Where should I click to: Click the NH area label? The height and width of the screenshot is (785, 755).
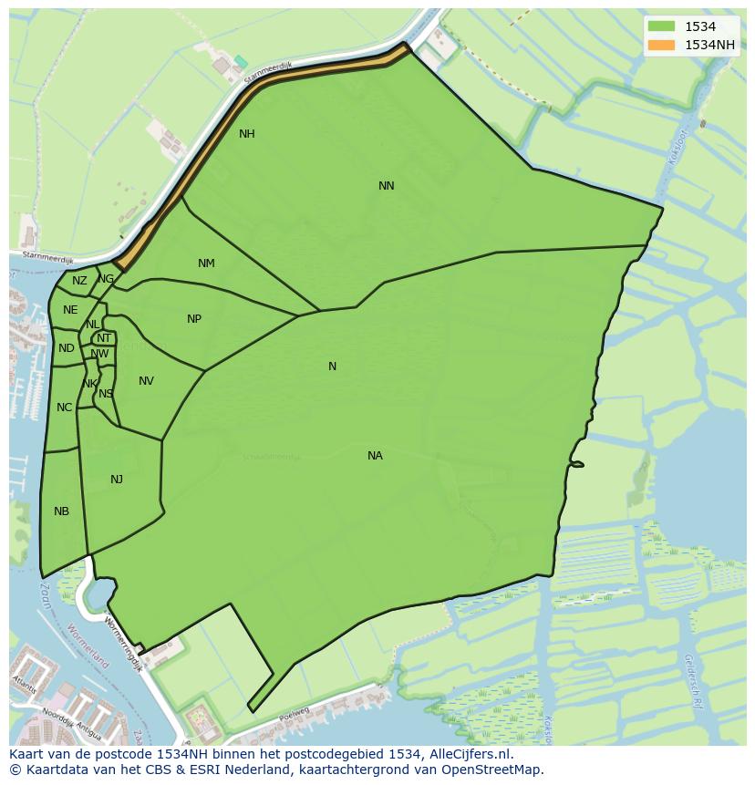tap(246, 134)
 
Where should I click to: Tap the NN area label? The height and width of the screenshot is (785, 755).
tap(387, 186)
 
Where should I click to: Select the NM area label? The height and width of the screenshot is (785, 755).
tap(206, 263)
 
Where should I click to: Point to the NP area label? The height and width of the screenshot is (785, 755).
tap(194, 319)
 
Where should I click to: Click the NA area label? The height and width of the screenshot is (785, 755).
tap(375, 456)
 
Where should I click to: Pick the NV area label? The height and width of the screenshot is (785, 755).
tap(146, 381)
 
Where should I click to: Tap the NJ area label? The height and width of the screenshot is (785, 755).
tap(117, 480)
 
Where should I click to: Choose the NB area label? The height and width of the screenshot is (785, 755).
tap(61, 511)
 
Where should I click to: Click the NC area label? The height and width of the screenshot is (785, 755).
tap(64, 408)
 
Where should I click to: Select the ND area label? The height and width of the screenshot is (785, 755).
tap(67, 348)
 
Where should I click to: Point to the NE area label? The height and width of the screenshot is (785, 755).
tap(70, 310)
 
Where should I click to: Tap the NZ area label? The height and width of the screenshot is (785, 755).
tap(79, 281)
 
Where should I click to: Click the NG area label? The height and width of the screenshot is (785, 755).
tap(107, 279)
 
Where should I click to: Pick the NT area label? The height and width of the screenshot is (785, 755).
tap(104, 338)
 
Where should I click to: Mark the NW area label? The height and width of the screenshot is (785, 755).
tap(100, 354)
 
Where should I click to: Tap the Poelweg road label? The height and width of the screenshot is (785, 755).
tap(295, 713)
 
